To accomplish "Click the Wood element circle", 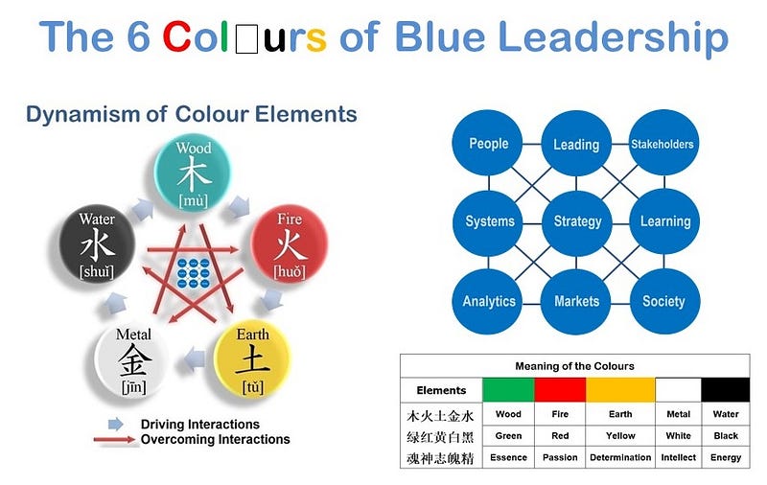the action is coord(193,173).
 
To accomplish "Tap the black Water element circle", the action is coord(97,244).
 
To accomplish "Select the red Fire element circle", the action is coord(290,243).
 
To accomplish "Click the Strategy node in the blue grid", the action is coord(577,222).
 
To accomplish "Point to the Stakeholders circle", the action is coord(662,143).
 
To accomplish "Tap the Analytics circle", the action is coord(488,301).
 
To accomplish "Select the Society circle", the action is coord(663,301).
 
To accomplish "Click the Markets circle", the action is coord(576,301).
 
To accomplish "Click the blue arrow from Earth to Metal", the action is coord(195,359).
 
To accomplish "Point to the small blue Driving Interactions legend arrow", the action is coord(115,424).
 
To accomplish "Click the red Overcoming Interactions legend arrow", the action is coord(113,440).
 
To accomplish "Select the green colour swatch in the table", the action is coord(508,390).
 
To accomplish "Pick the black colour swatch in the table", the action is coord(726,390).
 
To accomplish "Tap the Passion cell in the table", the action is coord(560,457).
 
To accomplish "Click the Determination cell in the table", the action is coord(620,457).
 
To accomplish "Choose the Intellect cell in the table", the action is coord(678,457).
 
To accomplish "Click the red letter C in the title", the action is coord(176,36).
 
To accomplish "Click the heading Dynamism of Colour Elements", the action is coord(191,114).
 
